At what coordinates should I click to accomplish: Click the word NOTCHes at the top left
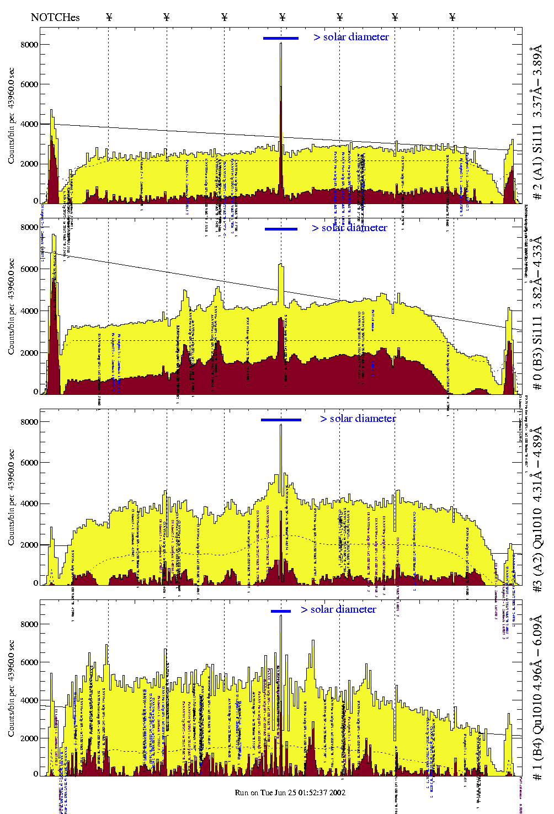coord(55,17)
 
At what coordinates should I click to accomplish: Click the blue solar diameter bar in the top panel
coord(281,38)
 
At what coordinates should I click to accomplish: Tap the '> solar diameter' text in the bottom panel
coord(338,609)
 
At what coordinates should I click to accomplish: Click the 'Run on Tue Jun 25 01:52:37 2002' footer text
coord(290,792)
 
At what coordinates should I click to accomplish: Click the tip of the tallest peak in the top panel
coord(281,43)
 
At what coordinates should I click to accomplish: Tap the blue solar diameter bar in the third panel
coord(281,420)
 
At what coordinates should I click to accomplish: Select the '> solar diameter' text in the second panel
coord(349,228)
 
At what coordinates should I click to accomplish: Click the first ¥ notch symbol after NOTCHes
coord(109,17)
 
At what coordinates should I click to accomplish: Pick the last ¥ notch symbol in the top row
coord(452,17)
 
